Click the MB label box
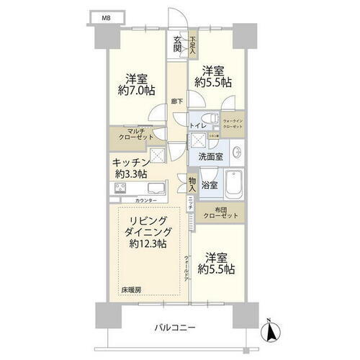[x=106, y=16]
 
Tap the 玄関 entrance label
[x=177, y=45]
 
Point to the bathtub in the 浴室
[x=233, y=186]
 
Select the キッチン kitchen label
[x=130, y=163]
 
